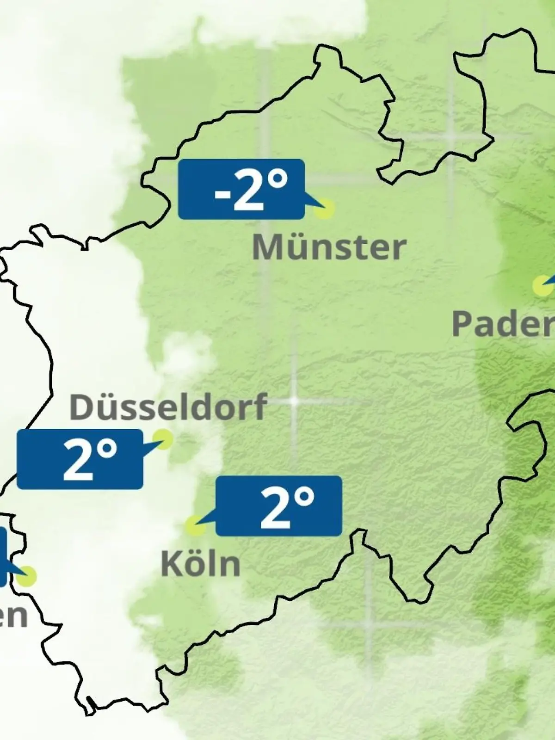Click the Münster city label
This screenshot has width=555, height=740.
pos(329,247)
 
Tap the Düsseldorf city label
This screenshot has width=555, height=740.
pos(168,407)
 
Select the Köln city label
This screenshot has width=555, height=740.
pos(201,564)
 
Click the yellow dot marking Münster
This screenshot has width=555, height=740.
pos(324,208)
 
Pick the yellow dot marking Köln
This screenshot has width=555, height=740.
pos(195,526)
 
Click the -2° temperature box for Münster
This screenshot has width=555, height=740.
pos(241,189)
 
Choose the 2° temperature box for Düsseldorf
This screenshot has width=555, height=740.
pos(80,459)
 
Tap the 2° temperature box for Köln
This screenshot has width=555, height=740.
pos(279,506)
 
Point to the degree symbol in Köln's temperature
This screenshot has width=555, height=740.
pos(304,497)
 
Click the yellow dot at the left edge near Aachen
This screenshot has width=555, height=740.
pos(27,576)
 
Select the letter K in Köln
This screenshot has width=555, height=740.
pos(170,564)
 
